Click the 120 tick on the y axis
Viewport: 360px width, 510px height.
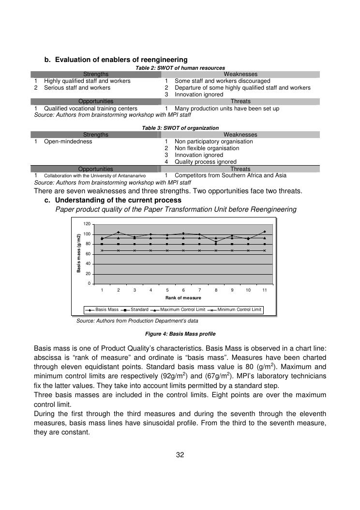pos(87,224)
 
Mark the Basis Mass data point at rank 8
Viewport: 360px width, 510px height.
pos(216,242)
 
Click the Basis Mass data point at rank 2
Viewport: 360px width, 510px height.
pos(118,232)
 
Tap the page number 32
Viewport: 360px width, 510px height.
pos(180,454)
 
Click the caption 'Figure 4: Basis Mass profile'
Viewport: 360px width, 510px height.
pos(180,334)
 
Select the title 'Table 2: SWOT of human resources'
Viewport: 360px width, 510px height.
pos(180,68)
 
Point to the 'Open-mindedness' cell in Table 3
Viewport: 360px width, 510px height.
pos(68,141)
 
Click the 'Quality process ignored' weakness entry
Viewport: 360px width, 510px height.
pos(206,162)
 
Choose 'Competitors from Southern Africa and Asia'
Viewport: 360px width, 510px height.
pos(230,175)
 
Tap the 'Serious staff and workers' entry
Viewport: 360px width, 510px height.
pos(77,88)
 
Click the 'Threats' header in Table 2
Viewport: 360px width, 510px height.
pos(240,101)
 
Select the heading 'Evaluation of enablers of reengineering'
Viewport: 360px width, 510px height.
pos(121,60)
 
